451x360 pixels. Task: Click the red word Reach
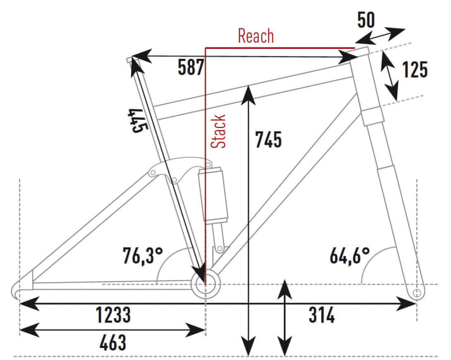[256, 35]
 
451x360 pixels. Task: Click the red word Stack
[219, 131]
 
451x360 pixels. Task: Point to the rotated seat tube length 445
[136, 121]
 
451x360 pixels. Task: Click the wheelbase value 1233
[114, 314]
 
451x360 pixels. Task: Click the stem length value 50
[365, 19]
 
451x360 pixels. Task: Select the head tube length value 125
[414, 70]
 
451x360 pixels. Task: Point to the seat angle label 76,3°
[143, 255]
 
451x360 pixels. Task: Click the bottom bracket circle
[204, 283]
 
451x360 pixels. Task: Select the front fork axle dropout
[416, 293]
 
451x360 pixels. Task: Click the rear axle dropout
[18, 291]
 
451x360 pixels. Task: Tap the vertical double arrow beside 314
[286, 317]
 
